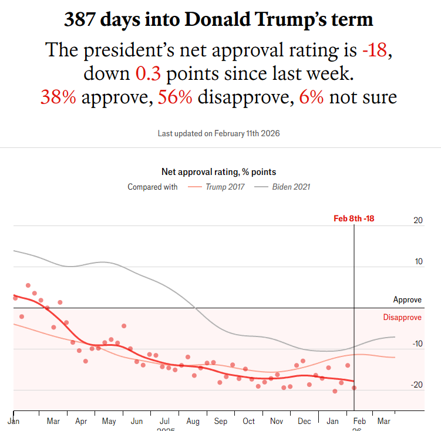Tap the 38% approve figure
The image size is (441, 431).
[58, 97]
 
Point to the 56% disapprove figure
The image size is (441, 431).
[175, 97]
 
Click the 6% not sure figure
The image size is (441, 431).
[311, 97]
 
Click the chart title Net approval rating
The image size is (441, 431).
[218, 172]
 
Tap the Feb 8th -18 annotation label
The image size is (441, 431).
[354, 218]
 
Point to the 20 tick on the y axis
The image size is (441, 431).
[418, 221]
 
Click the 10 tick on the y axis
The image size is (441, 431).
[418, 262]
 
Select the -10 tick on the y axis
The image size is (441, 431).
[416, 344]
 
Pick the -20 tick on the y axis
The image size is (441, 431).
[416, 385]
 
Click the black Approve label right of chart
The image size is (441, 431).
[407, 300]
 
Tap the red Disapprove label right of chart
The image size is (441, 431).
[402, 318]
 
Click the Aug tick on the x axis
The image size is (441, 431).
[193, 422]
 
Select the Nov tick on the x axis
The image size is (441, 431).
[276, 422]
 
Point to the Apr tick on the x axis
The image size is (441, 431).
[81, 422]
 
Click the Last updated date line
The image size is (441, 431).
[218, 133]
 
